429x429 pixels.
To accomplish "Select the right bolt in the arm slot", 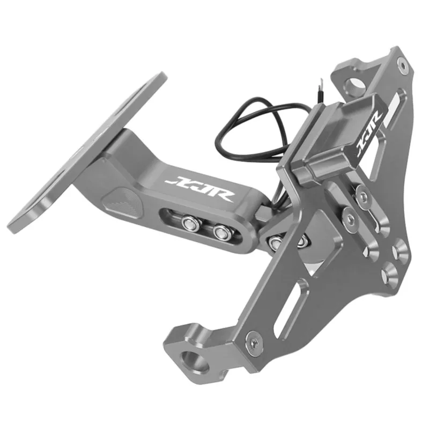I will pyautogui.click(x=220, y=232).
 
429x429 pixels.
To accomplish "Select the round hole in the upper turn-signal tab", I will pyautogui.click(x=354, y=84).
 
